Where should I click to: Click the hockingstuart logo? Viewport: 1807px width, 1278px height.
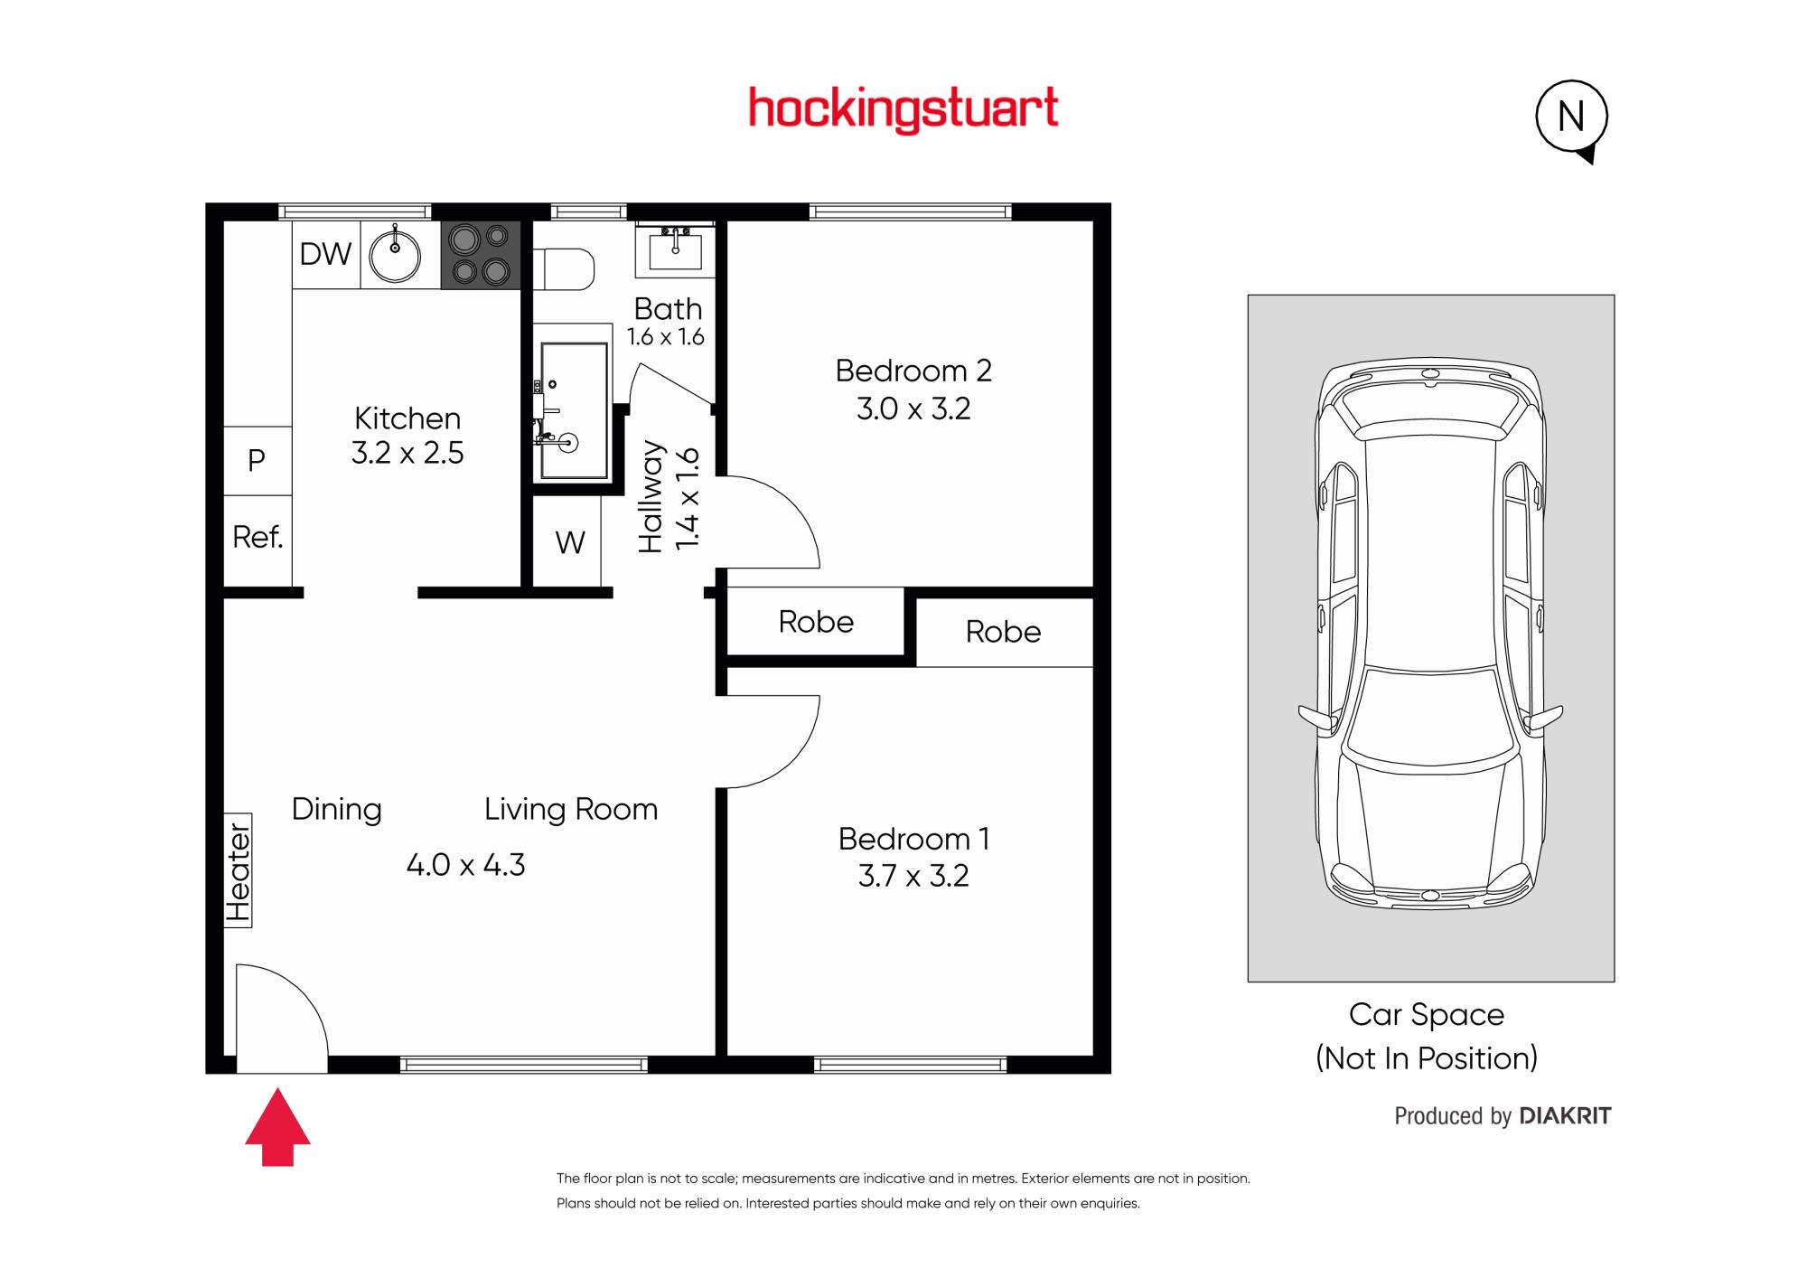tap(903, 110)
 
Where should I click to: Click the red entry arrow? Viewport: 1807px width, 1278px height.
tap(277, 1127)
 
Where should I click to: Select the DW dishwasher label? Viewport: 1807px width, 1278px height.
tap(325, 254)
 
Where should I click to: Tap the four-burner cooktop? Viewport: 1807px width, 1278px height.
tap(481, 255)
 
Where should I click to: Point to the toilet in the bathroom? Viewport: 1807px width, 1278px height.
tap(564, 269)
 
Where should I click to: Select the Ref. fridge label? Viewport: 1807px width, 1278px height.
tap(257, 538)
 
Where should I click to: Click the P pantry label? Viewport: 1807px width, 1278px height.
tap(257, 460)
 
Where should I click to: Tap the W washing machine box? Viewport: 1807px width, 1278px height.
tap(567, 542)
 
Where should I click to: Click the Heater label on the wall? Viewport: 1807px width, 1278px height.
tap(238, 871)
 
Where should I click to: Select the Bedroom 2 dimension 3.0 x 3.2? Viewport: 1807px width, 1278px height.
tap(913, 409)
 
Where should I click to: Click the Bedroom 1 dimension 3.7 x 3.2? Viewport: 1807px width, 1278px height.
tap(913, 876)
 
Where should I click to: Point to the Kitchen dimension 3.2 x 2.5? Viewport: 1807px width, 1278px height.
tap(407, 452)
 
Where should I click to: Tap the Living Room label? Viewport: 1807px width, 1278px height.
tap(571, 809)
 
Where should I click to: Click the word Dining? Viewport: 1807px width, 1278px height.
tap(337, 810)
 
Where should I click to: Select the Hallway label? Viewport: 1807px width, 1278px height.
tap(651, 496)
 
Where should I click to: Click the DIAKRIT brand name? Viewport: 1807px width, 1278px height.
tap(1566, 1116)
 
